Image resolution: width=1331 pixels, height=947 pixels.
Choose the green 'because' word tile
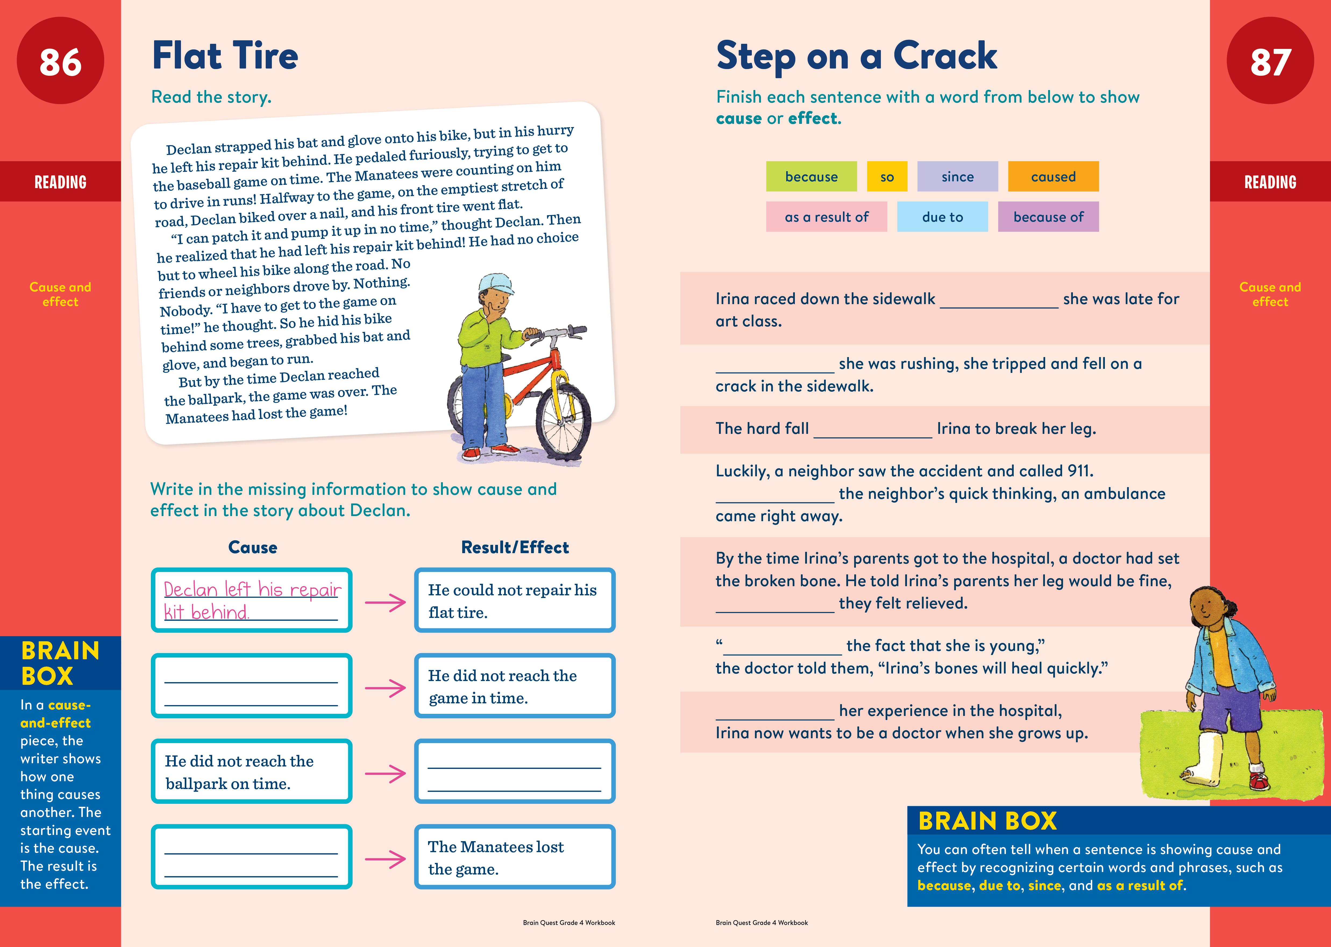[811, 177]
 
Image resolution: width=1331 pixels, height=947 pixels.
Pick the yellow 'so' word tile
[887, 177]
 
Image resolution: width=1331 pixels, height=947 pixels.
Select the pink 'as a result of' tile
[826, 217]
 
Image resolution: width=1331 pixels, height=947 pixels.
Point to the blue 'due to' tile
[942, 217]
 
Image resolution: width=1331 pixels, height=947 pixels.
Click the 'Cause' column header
[253, 548]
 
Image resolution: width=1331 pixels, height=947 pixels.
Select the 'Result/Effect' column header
[515, 548]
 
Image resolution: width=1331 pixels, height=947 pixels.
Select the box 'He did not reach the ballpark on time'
[251, 772]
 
